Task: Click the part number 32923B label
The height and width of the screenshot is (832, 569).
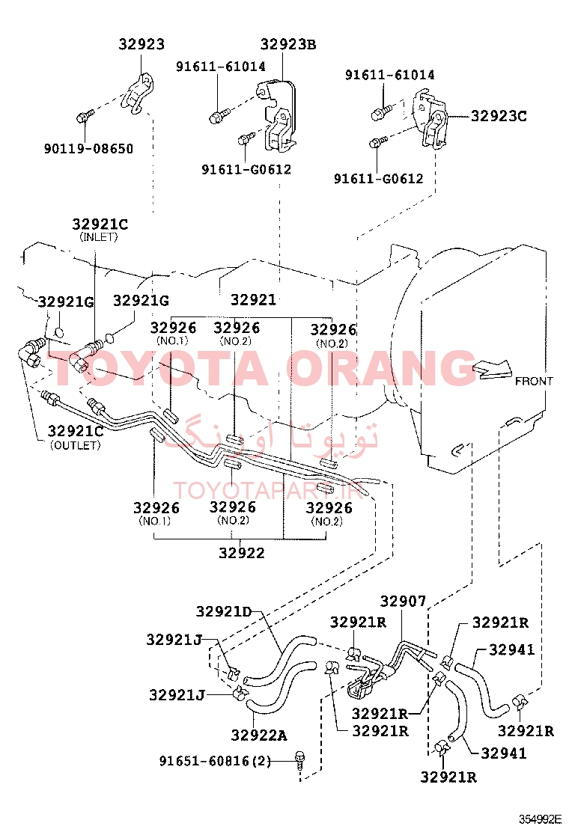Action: (287, 45)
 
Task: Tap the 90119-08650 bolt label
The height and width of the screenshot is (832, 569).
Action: (88, 149)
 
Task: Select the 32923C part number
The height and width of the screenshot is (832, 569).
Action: (499, 116)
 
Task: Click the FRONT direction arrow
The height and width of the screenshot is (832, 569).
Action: (491, 369)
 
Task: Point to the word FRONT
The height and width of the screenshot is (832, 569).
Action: (534, 381)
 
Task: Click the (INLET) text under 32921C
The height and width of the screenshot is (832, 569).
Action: (99, 237)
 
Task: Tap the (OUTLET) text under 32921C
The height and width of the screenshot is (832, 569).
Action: (76, 445)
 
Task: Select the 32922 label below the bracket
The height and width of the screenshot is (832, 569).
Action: (242, 553)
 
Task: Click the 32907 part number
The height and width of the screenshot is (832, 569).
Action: (403, 602)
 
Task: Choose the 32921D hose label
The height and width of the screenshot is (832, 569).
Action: (224, 612)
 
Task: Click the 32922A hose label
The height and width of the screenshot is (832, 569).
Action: (259, 735)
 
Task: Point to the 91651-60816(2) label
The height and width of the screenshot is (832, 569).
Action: (215, 762)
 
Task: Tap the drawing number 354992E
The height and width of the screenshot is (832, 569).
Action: (541, 819)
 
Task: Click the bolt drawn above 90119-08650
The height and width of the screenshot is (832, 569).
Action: (85, 115)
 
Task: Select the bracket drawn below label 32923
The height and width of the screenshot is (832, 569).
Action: (137, 94)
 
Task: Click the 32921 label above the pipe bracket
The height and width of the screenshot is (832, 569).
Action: (254, 300)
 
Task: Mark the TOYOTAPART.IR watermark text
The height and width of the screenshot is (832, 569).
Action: (269, 490)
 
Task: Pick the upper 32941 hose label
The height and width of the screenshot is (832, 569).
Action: (511, 649)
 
